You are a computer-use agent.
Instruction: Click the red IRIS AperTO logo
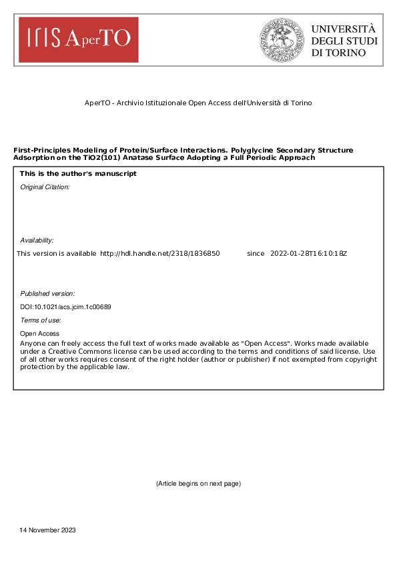(78, 40)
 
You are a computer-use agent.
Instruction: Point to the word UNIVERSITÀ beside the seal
(344, 29)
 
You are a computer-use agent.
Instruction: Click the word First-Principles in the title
(39, 151)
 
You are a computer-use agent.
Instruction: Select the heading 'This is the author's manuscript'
(78, 174)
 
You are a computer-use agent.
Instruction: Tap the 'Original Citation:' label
(45, 187)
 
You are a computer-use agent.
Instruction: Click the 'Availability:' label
(37, 240)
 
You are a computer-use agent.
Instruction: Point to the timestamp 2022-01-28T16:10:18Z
(309, 254)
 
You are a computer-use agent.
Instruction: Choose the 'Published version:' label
(47, 293)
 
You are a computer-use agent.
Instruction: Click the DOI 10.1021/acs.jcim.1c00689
(65, 306)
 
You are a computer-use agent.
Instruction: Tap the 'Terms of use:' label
(39, 320)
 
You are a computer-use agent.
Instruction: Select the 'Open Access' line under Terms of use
(40, 334)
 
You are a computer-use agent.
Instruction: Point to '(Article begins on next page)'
(198, 483)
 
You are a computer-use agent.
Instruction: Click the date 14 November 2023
(48, 530)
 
